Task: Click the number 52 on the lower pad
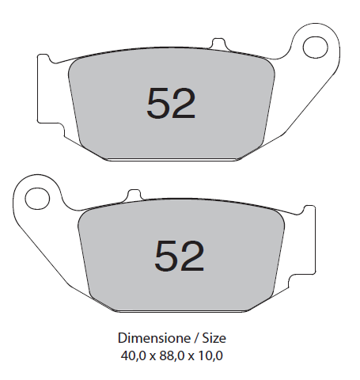180,256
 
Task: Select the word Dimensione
153,338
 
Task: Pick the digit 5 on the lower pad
166,256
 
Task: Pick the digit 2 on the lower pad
192,256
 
